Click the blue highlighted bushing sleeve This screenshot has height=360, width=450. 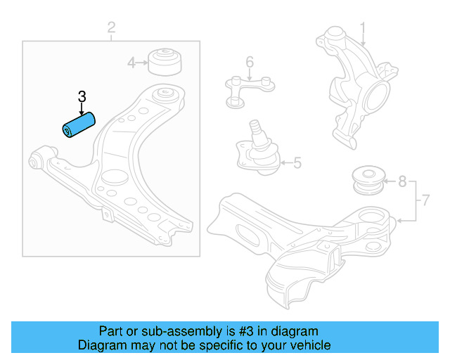coord(79,127)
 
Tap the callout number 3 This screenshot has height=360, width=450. coord(82,97)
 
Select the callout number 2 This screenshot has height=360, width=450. coord(111,28)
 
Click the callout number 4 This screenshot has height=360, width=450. coord(131,63)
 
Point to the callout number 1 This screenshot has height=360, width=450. coord(363,29)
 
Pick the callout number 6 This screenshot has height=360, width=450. coord(249,63)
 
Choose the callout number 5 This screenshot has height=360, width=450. coord(296,164)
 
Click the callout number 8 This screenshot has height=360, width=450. coord(401,182)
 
